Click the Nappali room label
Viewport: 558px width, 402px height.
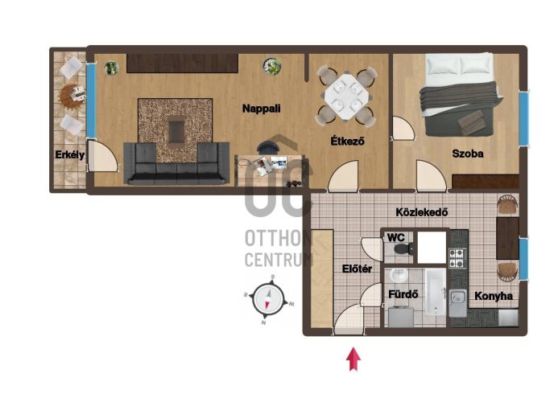pyautogui.click(x=261, y=109)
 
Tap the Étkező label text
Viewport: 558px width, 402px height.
pyautogui.click(x=347, y=141)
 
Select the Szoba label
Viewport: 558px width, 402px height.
pyautogui.click(x=468, y=154)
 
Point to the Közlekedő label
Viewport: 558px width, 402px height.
pyautogui.click(x=422, y=212)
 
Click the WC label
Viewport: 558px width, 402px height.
pyautogui.click(x=396, y=237)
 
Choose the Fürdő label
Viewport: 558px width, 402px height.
pyautogui.click(x=403, y=294)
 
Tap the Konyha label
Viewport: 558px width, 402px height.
pyautogui.click(x=494, y=296)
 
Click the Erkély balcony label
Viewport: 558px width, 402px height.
pyautogui.click(x=70, y=154)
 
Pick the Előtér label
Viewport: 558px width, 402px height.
pyautogui.click(x=357, y=269)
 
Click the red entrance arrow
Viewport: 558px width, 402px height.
pyautogui.click(x=353, y=359)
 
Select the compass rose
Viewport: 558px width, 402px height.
pyautogui.click(x=268, y=299)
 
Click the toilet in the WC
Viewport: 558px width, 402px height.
pyautogui.click(x=404, y=248)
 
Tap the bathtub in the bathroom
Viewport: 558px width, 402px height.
pyautogui.click(x=436, y=292)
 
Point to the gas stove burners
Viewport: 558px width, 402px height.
pyautogui.click(x=457, y=258)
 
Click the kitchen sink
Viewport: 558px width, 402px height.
pyautogui.click(x=457, y=302)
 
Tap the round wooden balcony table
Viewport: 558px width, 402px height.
pyautogui.click(x=72, y=95)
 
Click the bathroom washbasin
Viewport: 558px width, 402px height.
pyautogui.click(x=399, y=276)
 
